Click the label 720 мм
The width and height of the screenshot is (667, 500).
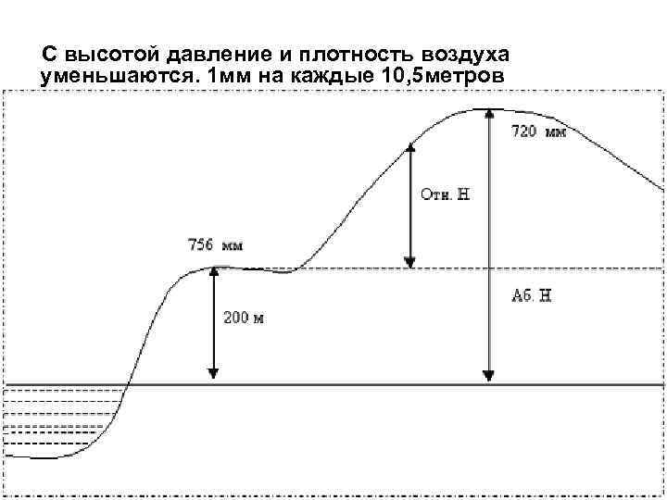(x=538, y=132)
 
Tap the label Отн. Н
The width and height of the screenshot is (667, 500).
(x=446, y=194)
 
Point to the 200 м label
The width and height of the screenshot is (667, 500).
(x=244, y=318)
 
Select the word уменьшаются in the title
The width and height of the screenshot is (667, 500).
(x=120, y=74)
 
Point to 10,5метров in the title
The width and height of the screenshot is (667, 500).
(x=442, y=74)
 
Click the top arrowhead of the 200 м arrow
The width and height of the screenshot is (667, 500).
(x=213, y=272)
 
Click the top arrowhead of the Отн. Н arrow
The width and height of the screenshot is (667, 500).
(x=410, y=148)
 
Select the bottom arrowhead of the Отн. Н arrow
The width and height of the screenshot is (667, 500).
(x=410, y=263)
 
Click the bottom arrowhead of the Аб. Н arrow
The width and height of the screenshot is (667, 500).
(x=488, y=376)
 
